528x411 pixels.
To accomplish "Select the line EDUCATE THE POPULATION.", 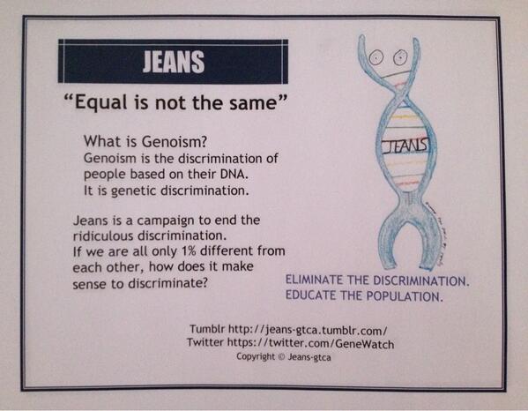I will pyautogui.click(x=364, y=296).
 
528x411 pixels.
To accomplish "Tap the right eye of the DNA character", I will pyautogui.click(x=398, y=57).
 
